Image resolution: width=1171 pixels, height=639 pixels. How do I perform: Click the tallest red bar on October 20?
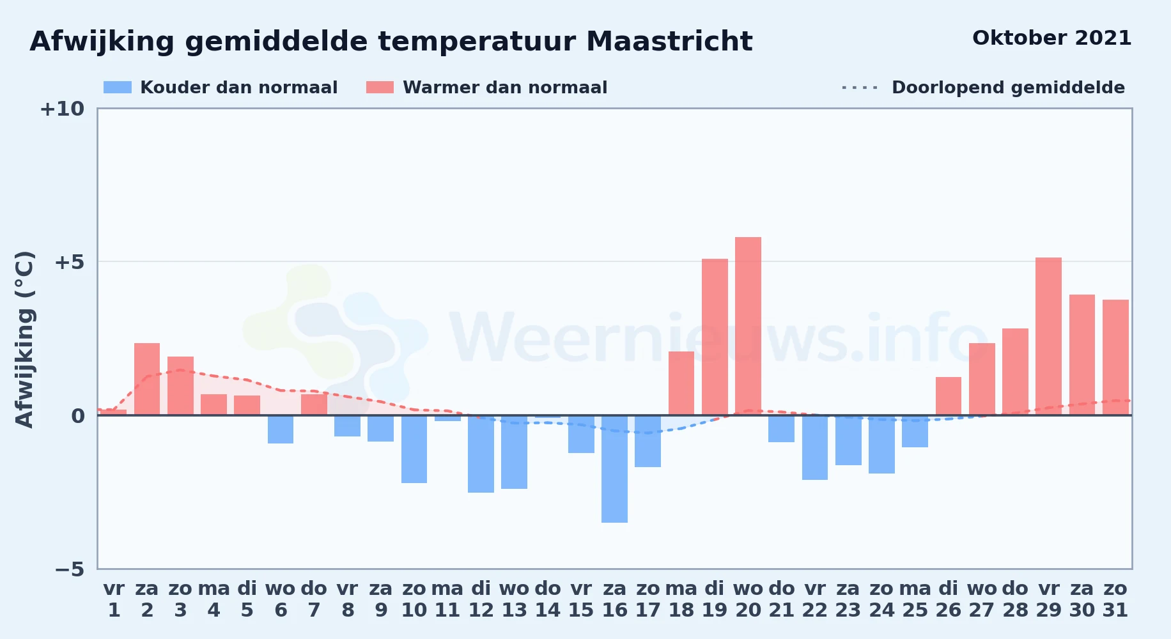[x=748, y=326]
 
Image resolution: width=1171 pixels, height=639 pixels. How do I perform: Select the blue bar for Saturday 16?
[x=614, y=469]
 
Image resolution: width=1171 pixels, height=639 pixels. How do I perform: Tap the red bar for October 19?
[x=715, y=337]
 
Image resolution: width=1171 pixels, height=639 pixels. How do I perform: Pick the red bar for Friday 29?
[x=1048, y=336]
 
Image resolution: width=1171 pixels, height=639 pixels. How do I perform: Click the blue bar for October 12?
[x=481, y=454]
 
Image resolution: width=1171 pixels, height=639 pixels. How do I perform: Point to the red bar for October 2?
[x=147, y=379]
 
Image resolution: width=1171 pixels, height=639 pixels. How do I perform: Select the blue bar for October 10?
[x=414, y=449]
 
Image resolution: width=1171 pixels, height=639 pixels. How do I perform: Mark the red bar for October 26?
[x=949, y=396]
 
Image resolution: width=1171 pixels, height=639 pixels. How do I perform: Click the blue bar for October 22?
[x=815, y=448]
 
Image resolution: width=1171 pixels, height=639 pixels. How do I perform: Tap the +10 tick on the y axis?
[x=62, y=109]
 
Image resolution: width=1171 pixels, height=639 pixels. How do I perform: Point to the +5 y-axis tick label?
[x=69, y=262]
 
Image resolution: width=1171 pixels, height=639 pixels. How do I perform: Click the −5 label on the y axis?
[x=69, y=569]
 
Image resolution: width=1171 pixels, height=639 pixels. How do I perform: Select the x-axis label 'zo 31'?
[x=1115, y=599]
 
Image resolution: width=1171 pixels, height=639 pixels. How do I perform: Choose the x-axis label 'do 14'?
[x=548, y=599]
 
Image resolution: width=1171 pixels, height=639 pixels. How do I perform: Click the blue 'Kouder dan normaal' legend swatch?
[x=118, y=88]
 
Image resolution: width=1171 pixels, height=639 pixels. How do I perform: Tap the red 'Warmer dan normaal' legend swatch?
[x=380, y=88]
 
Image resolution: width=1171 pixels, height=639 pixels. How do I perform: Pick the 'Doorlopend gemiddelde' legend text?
[x=1008, y=88]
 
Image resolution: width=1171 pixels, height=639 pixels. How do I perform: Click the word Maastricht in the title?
[x=669, y=42]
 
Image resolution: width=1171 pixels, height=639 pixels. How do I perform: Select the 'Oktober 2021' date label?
[x=1051, y=38]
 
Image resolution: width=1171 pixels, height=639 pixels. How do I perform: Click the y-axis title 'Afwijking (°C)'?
[x=24, y=339]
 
